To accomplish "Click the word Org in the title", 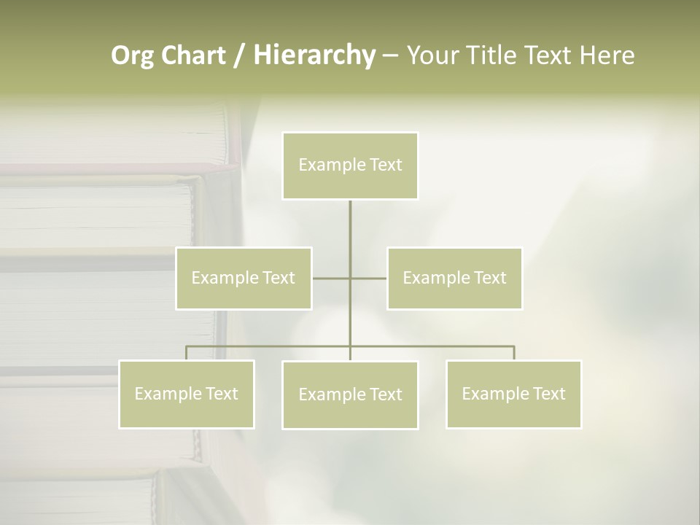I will pos(133,55).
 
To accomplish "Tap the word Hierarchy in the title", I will pos(314,55).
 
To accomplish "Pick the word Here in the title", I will pos(607,55).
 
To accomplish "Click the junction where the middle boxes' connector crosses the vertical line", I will pos(350,278).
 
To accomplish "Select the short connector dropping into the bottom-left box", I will pos(187,353).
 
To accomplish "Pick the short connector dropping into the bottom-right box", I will pos(513,353).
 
